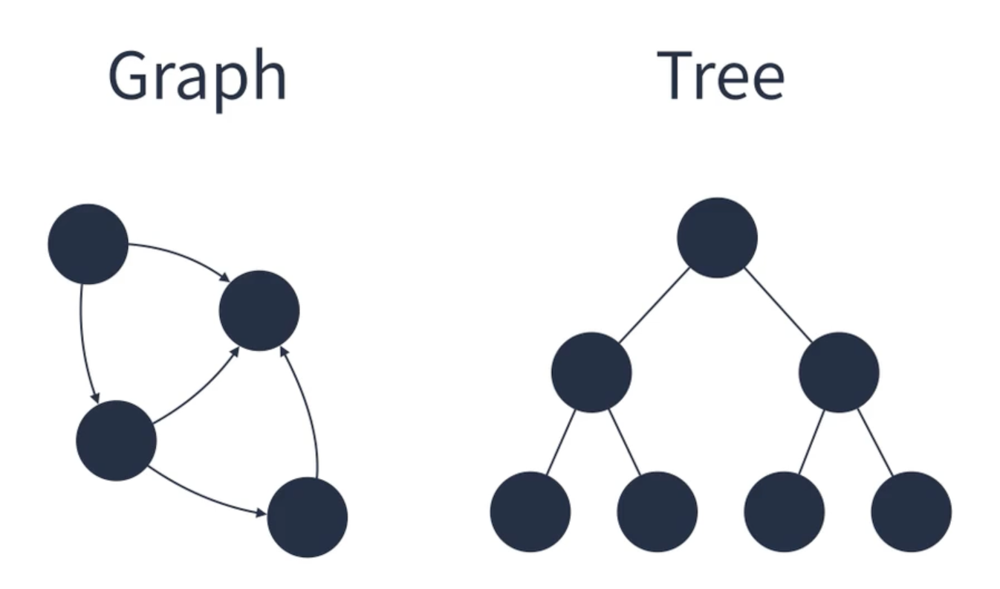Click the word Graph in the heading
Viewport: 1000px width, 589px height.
tap(197, 77)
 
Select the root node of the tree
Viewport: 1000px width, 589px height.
tap(717, 238)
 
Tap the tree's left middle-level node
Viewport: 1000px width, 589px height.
tap(591, 372)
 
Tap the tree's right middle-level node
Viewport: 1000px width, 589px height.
tap(839, 372)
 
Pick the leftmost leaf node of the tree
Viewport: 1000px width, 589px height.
tap(530, 512)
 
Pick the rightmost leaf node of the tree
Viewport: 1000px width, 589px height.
tap(911, 512)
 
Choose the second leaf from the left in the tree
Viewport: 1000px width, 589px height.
tap(657, 512)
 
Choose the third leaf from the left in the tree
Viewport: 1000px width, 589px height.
tap(784, 512)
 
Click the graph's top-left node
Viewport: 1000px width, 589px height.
tap(88, 244)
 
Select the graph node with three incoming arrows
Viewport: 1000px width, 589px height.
tap(259, 310)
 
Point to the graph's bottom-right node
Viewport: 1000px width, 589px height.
tap(307, 518)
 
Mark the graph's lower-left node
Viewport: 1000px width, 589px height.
tap(116, 440)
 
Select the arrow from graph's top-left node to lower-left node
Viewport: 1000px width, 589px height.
tap(83, 342)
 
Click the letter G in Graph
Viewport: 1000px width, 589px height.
tap(130, 77)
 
